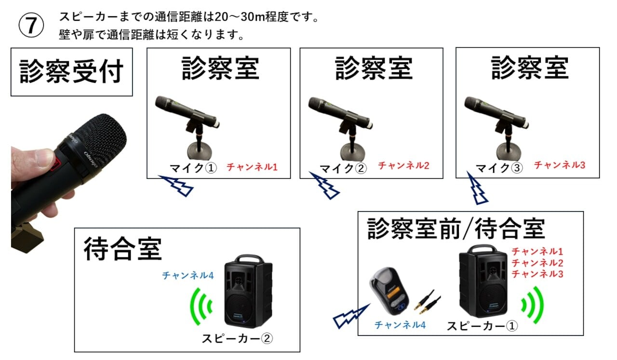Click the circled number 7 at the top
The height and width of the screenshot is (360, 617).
[31, 25]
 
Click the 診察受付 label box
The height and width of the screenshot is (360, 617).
[72, 72]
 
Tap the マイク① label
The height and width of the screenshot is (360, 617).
[193, 168]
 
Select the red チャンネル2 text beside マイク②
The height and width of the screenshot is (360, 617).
[403, 165]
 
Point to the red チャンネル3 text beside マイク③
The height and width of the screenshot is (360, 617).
[560, 165]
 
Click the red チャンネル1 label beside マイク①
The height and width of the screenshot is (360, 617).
[252, 167]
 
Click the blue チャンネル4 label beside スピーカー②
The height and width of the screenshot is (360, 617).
[188, 275]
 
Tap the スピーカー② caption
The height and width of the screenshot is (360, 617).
[237, 338]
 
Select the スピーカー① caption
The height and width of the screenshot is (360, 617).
[482, 326]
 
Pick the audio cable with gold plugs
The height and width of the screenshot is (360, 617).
[428, 302]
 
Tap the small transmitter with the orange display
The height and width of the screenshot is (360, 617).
[389, 291]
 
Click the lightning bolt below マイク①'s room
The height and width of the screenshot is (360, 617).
[176, 186]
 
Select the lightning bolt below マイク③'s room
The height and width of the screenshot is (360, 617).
[476, 188]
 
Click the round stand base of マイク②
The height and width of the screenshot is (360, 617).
[353, 152]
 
